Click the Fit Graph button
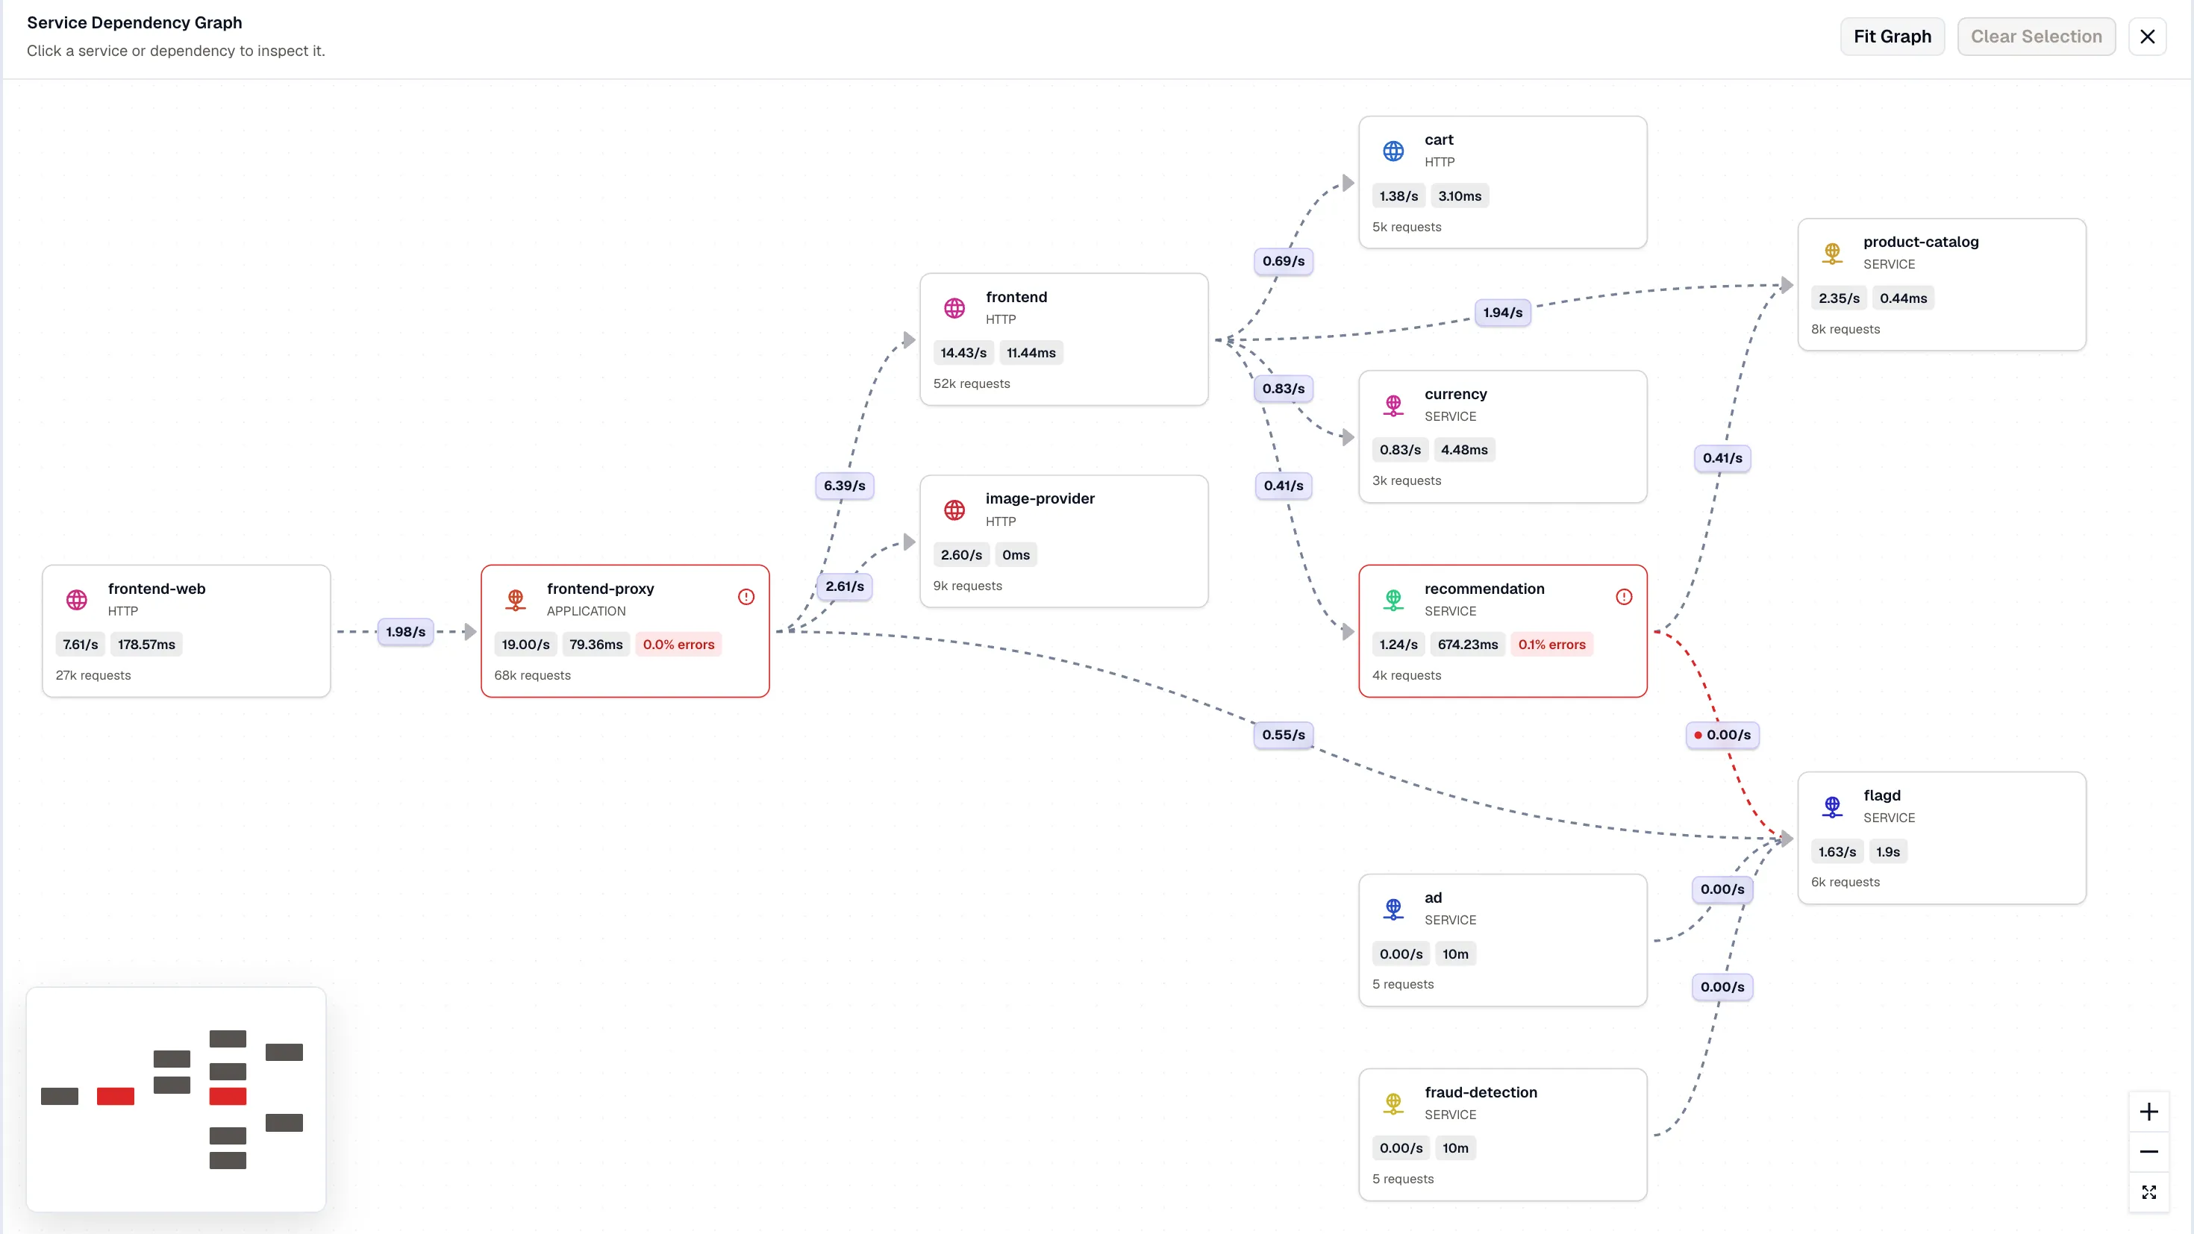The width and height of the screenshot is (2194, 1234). [1892, 37]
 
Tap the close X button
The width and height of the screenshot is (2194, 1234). [2147, 37]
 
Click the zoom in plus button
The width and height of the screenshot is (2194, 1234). [2149, 1112]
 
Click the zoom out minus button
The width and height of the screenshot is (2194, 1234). [2149, 1151]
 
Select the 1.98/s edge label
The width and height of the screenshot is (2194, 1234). [405, 632]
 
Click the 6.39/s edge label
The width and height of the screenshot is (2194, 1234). [844, 486]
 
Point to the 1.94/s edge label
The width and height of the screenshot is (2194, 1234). [1502, 313]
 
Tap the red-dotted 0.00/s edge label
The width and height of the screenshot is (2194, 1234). [1722, 735]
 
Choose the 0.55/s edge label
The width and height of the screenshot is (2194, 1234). [1284, 735]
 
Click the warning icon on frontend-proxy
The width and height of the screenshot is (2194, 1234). [746, 597]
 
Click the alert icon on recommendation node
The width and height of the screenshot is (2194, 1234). [1624, 597]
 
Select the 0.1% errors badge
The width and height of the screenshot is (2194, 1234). [1551, 645]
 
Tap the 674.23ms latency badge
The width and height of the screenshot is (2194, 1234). [1467, 645]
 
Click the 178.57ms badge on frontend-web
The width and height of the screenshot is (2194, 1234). [146, 645]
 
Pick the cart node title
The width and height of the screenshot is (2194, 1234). [1439, 140]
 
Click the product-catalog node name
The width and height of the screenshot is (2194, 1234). [1921, 242]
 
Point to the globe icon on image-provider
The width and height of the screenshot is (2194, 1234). [954, 510]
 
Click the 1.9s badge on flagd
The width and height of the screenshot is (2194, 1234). [1887, 851]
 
